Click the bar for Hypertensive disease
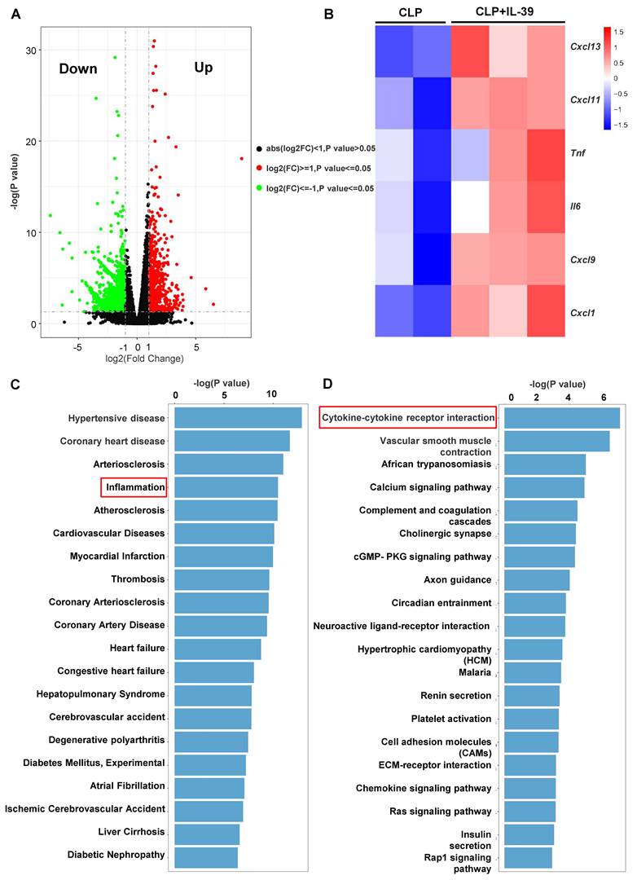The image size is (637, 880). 238,418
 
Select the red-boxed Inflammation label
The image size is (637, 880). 135,487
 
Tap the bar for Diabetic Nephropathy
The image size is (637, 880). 206,857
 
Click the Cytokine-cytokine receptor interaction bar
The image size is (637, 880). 562,418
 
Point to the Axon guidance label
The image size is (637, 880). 458,580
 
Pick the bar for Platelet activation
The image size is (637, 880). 531,719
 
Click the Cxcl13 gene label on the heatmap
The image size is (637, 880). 586,46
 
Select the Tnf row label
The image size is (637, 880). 578,152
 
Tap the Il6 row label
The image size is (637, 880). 575,206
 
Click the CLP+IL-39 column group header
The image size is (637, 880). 504,11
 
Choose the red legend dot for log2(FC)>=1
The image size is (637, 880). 259,169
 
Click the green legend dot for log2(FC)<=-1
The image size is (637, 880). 259,188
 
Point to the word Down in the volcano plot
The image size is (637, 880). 78,68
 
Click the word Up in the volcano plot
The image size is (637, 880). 203,68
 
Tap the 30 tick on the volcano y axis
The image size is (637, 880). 30,51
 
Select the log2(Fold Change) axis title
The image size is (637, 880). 145,358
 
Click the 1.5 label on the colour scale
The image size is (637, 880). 618,32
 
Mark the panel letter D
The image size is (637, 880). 327,384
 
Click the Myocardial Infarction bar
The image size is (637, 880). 223,557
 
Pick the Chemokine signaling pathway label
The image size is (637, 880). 423,788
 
